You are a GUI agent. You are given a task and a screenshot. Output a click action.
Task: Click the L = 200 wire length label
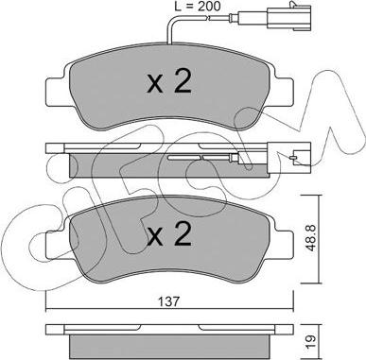click(x=198, y=6)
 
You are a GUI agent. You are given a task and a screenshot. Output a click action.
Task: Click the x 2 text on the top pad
click(x=169, y=82)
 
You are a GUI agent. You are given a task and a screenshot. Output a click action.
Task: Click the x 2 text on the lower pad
click(x=169, y=233)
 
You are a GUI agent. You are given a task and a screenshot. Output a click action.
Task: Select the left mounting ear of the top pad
click(x=57, y=92)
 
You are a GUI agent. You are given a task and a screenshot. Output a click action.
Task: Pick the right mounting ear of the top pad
click(x=283, y=92)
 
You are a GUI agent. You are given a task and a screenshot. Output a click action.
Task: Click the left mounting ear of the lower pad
click(x=57, y=245)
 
